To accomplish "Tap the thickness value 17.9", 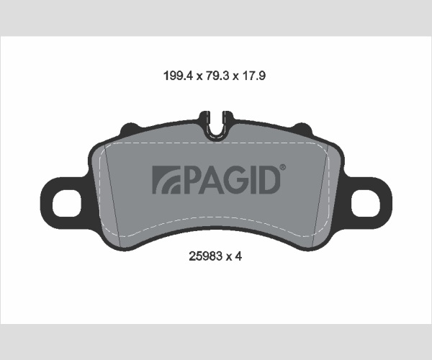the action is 253,76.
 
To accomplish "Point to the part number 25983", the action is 205,256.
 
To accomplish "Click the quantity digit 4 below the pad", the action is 238,256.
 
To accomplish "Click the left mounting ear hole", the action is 67,204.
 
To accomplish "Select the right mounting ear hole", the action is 366,203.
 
